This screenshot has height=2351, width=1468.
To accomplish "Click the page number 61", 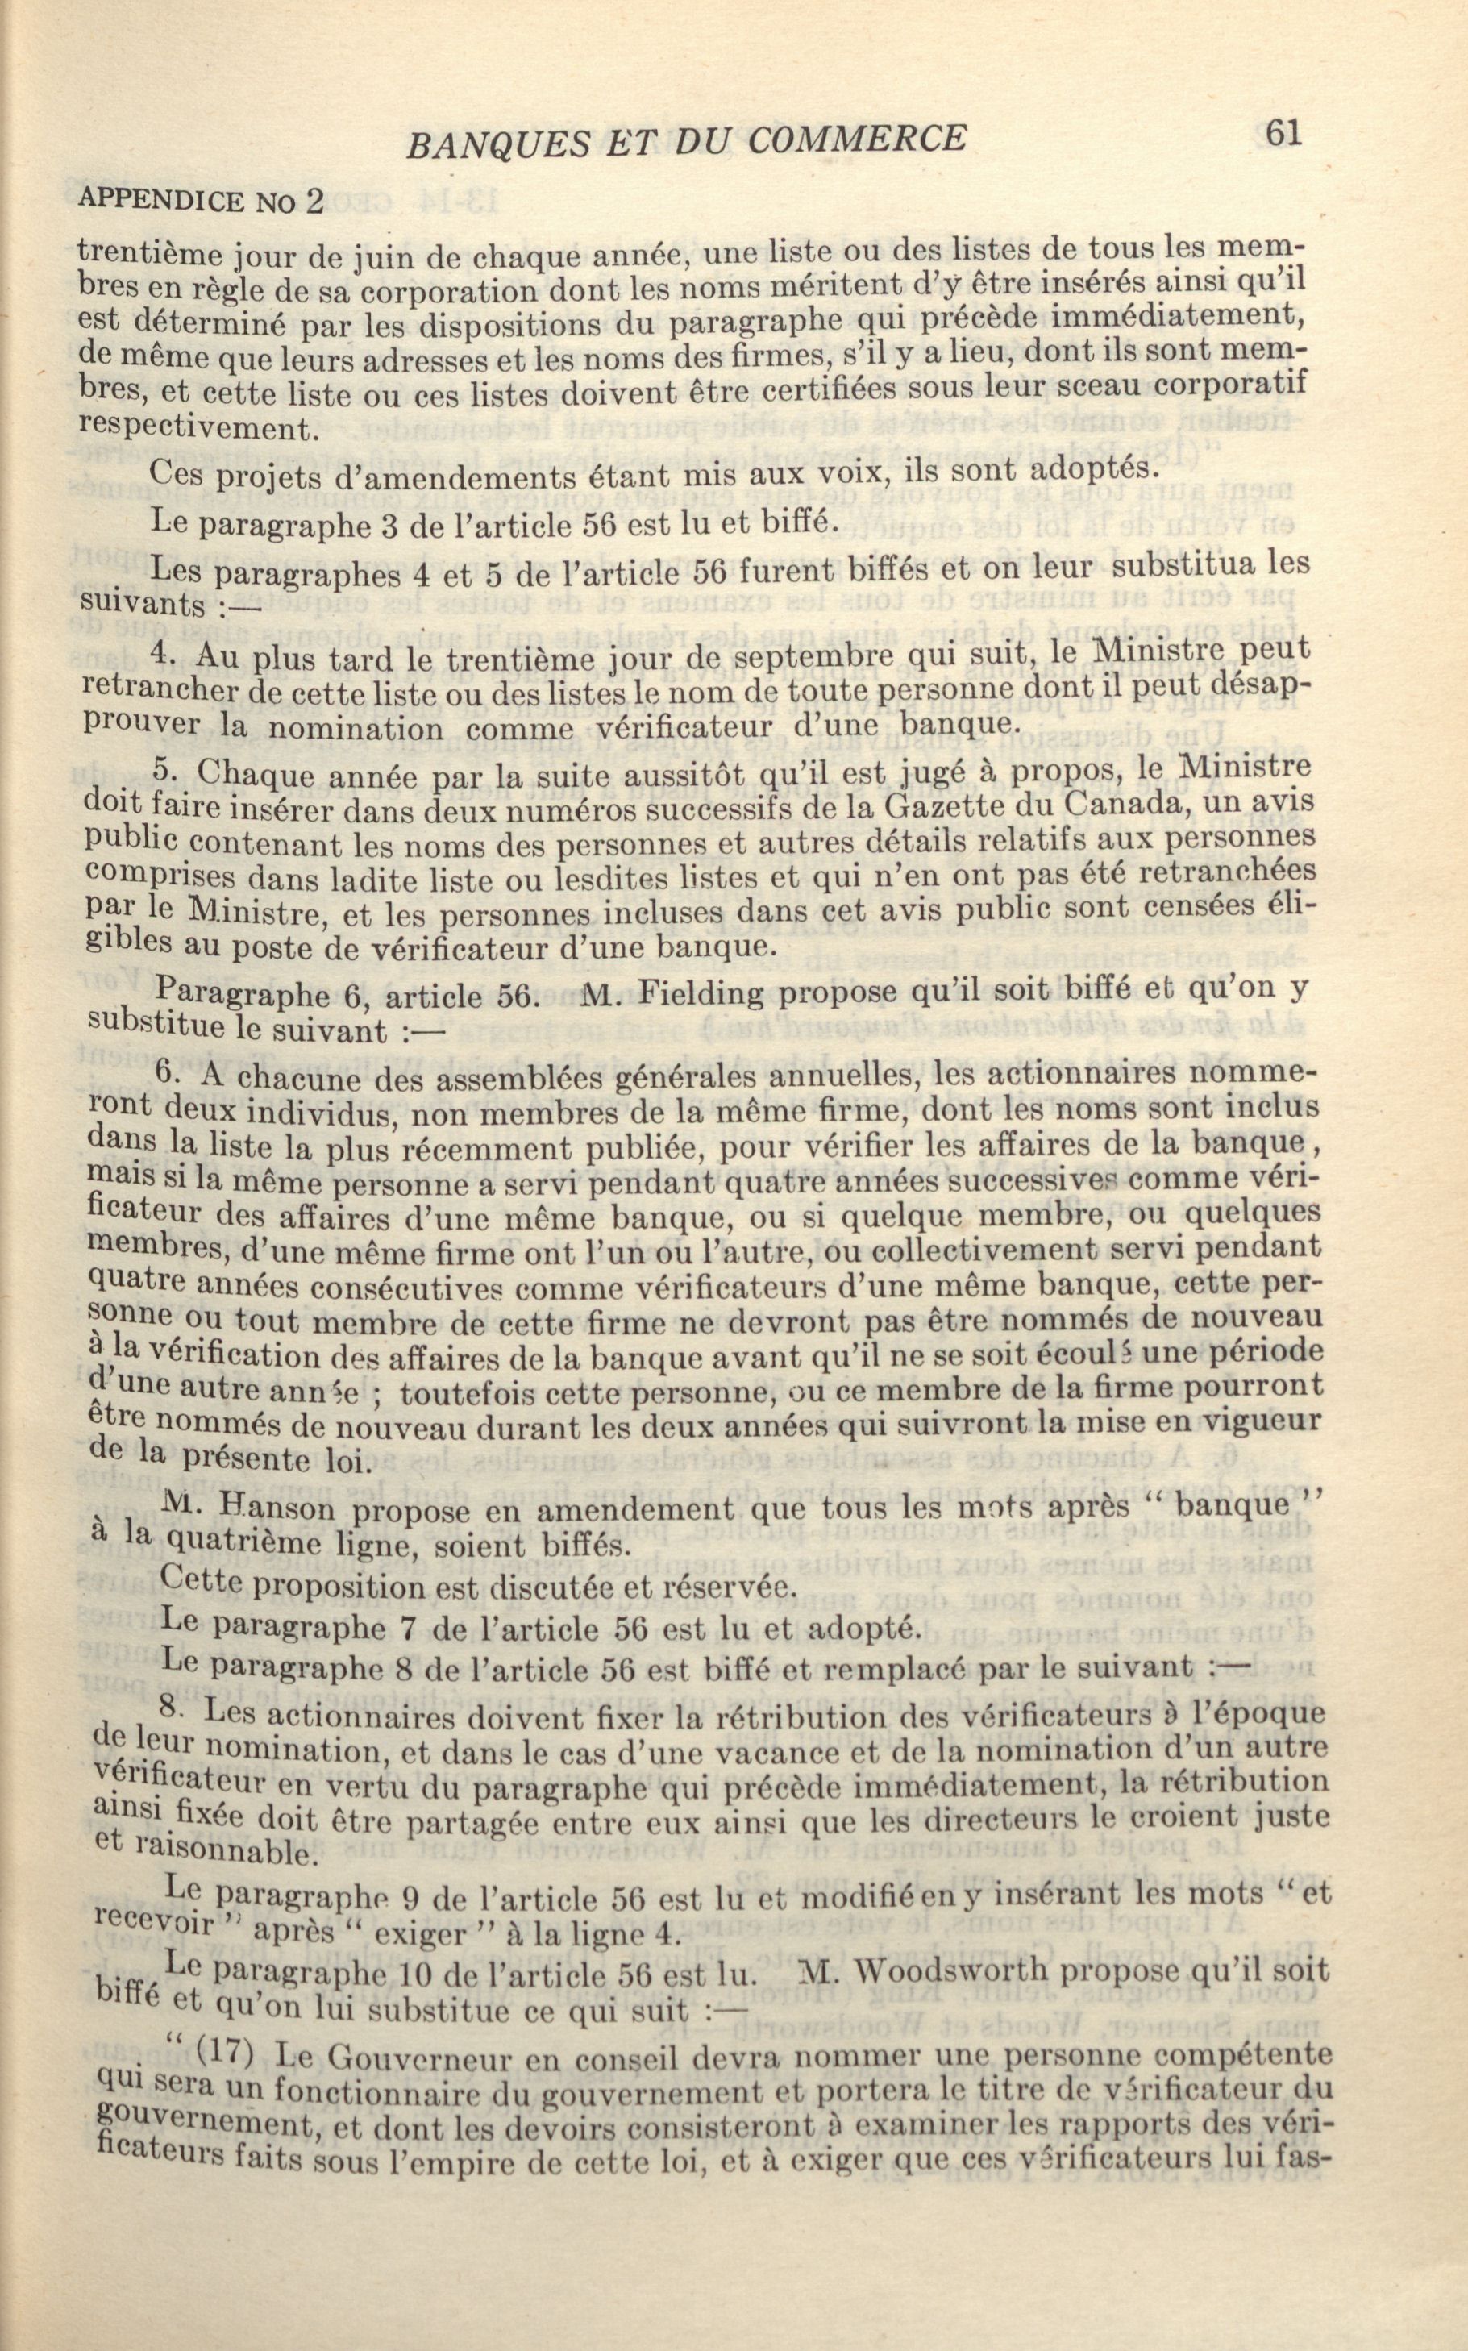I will coord(1283,133).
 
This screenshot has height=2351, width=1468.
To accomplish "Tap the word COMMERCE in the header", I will coord(857,139).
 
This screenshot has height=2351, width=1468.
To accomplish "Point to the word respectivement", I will coord(198,429).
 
